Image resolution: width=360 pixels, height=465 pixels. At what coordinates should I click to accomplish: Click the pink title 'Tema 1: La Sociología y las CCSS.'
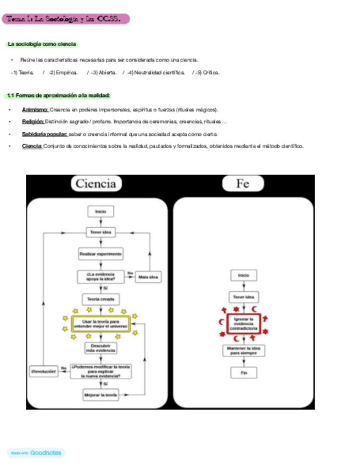pyautogui.click(x=65, y=19)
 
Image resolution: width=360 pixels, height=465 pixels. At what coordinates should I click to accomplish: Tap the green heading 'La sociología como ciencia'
pyautogui.click(x=42, y=44)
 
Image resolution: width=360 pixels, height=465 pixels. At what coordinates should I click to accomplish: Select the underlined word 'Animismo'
pyautogui.click(x=35, y=109)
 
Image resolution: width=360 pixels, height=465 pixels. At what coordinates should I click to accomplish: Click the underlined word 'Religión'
pyautogui.click(x=33, y=121)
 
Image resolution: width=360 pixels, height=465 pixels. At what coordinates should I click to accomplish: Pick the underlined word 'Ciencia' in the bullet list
pyautogui.click(x=32, y=146)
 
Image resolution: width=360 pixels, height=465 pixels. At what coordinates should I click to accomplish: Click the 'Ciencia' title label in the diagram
pyautogui.click(x=95, y=184)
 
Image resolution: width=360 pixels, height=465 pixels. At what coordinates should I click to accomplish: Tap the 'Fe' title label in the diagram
pyautogui.click(x=243, y=184)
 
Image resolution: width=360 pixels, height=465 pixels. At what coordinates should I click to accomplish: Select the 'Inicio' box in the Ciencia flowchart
pyautogui.click(x=100, y=211)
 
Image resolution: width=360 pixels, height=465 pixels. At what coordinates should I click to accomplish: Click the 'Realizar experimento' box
pyautogui.click(x=100, y=254)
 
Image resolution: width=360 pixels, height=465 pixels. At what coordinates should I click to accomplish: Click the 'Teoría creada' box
pyautogui.click(x=100, y=299)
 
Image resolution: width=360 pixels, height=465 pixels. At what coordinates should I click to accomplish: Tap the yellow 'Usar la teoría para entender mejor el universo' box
pyautogui.click(x=100, y=324)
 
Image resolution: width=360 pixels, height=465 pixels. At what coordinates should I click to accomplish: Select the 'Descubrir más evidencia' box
pyautogui.click(x=100, y=348)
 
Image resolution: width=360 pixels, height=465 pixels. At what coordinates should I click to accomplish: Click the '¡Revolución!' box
pyautogui.click(x=44, y=371)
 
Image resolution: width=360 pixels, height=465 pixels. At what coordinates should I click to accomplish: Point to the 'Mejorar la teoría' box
pyautogui.click(x=100, y=394)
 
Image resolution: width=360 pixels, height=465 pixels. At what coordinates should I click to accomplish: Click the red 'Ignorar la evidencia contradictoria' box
pyautogui.click(x=243, y=324)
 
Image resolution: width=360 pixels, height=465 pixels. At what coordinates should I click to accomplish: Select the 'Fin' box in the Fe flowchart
pyautogui.click(x=243, y=372)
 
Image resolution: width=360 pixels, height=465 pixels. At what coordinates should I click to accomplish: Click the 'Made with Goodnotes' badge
pyautogui.click(x=36, y=453)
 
